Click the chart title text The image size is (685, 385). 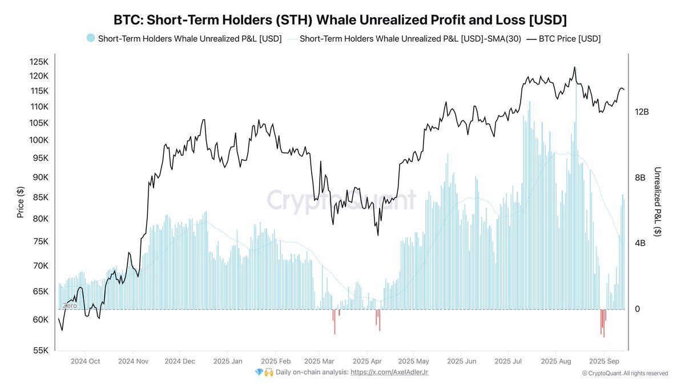(x=340, y=20)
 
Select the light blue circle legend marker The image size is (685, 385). (x=91, y=38)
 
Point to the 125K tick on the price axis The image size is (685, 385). (x=40, y=62)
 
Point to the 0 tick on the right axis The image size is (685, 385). (x=638, y=309)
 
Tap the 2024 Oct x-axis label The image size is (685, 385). (x=85, y=361)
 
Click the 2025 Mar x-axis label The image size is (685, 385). (x=320, y=361)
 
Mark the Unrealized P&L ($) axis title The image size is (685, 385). (x=658, y=202)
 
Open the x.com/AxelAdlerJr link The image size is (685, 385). (x=389, y=372)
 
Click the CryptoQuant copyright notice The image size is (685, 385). (x=624, y=373)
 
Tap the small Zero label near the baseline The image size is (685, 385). (x=69, y=306)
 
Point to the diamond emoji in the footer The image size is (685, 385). (x=260, y=372)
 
